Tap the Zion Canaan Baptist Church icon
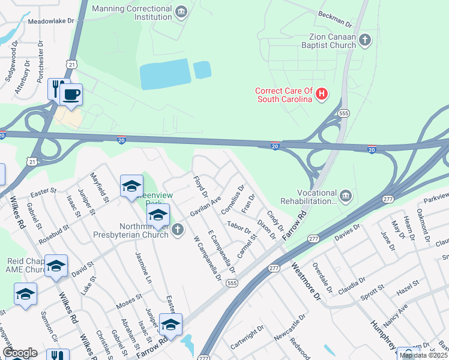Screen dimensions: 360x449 tap(365, 40)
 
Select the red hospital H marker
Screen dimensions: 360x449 tap(322, 94)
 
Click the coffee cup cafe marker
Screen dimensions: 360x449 tap(71, 94)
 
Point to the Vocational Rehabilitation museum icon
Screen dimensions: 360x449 tap(345, 196)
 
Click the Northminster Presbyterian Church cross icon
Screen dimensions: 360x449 tap(177, 230)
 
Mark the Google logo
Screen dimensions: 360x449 tap(19, 353)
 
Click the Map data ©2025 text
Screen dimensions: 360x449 tap(423, 355)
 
